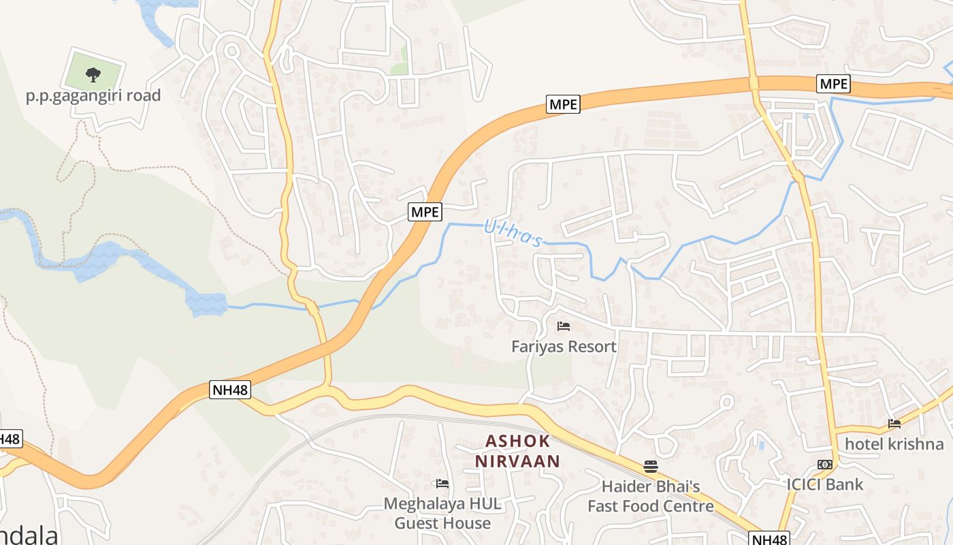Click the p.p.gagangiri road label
click(x=93, y=95)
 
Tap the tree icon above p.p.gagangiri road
click(x=93, y=74)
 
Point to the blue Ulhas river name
click(x=513, y=233)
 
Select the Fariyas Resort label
click(x=564, y=347)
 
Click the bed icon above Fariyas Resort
click(x=564, y=326)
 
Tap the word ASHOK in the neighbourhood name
click(x=517, y=441)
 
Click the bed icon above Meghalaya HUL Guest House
click(x=442, y=484)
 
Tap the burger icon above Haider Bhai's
click(x=651, y=467)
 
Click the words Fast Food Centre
click(x=651, y=506)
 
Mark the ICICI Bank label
click(x=825, y=485)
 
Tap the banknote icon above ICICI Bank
click(x=825, y=465)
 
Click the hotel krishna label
click(x=894, y=444)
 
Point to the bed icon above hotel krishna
click(x=894, y=424)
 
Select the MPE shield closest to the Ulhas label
click(x=425, y=212)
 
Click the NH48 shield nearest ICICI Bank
click(x=771, y=538)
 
